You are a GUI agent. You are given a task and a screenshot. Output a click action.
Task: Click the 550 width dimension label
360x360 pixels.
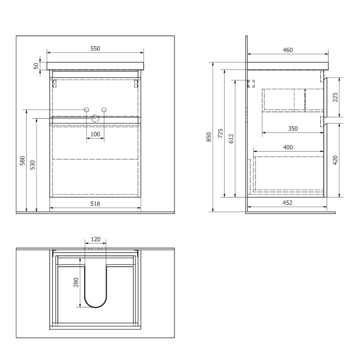click(x=95, y=49)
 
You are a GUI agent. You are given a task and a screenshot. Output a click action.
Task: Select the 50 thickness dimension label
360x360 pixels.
click(x=36, y=66)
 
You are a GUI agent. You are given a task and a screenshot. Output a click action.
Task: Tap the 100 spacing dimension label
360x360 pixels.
click(x=95, y=134)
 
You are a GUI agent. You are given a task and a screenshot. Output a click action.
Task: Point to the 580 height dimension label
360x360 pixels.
click(x=22, y=161)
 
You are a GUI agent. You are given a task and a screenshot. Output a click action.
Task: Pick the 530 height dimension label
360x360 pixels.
click(x=32, y=165)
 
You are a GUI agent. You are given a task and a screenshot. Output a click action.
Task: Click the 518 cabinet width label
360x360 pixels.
click(x=95, y=204)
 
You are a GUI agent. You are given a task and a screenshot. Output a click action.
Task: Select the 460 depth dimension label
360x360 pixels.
click(x=288, y=50)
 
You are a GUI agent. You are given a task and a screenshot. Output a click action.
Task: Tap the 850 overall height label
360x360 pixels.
click(x=209, y=137)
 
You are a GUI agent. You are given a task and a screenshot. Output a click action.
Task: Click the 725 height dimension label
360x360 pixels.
click(x=220, y=133)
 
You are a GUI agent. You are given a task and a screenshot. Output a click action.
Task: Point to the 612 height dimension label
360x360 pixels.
click(x=231, y=139)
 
